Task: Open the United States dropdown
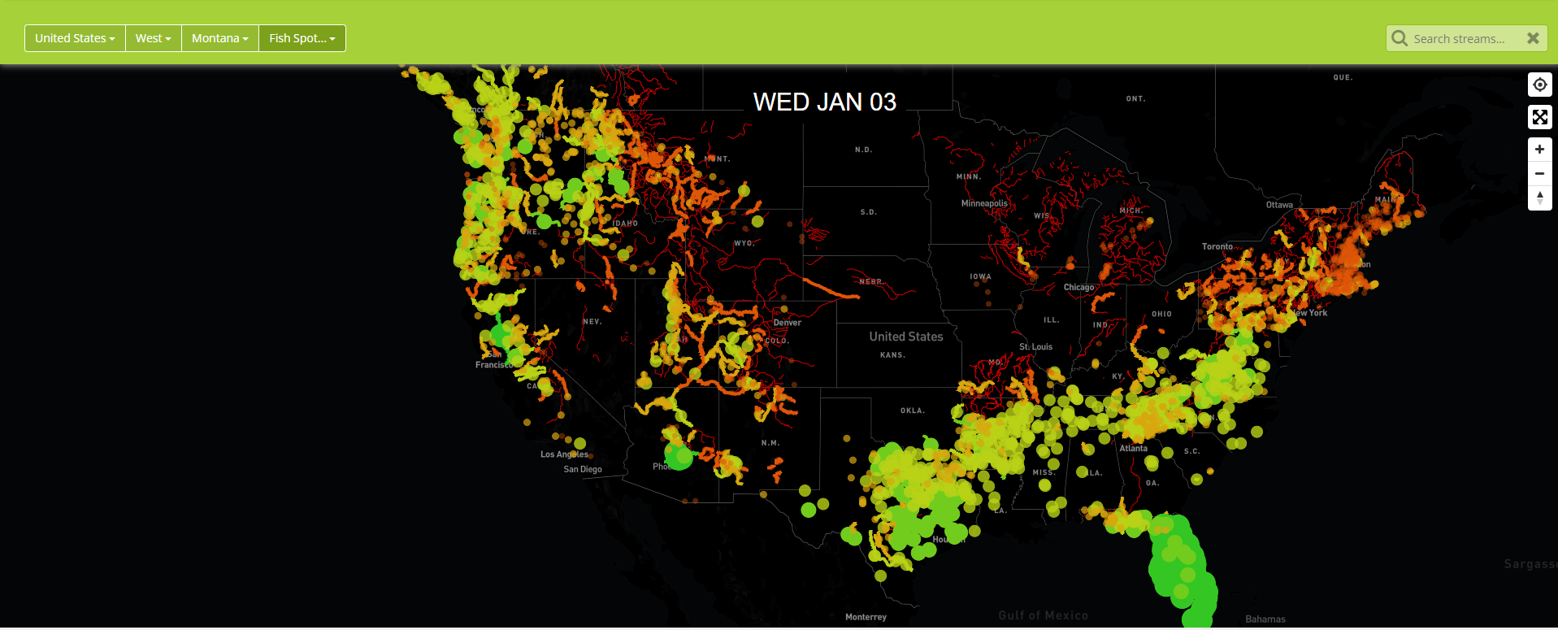click(x=75, y=38)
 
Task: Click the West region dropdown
click(x=153, y=38)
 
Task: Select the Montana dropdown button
click(x=219, y=38)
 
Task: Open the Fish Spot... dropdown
click(x=302, y=38)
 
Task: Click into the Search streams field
click(x=1459, y=39)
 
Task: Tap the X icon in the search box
click(x=1533, y=38)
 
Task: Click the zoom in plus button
click(x=1539, y=150)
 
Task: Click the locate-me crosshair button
click(x=1539, y=85)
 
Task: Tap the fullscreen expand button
click(x=1539, y=117)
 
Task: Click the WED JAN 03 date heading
click(x=824, y=102)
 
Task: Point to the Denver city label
click(x=787, y=323)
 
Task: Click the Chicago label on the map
click(x=1078, y=287)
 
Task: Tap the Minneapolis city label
click(x=983, y=203)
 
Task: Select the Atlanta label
click(x=1133, y=448)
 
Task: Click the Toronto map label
click(x=1217, y=246)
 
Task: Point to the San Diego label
click(x=583, y=469)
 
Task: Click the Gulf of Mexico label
click(x=1043, y=615)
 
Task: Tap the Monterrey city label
click(x=866, y=617)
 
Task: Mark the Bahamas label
click(x=1265, y=619)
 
